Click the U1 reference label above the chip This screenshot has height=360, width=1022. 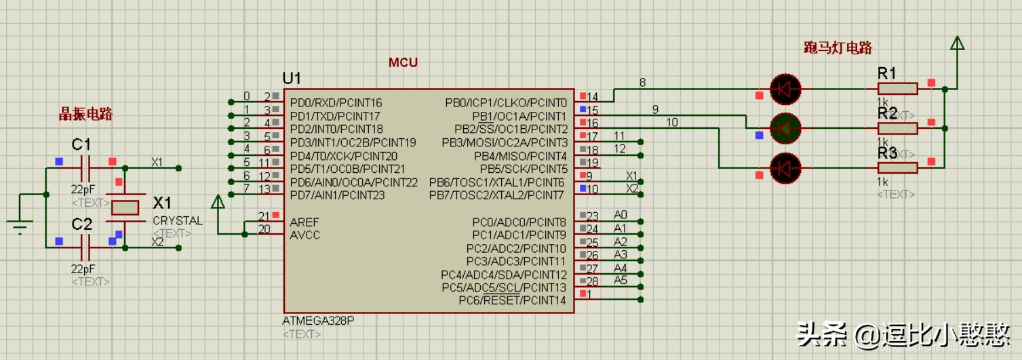click(x=292, y=78)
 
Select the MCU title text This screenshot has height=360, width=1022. click(x=403, y=63)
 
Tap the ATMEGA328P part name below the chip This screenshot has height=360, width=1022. click(x=318, y=321)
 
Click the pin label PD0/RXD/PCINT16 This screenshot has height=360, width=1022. click(x=336, y=103)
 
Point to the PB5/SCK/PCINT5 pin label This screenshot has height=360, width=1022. click(x=524, y=169)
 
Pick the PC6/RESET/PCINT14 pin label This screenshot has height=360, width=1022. click(x=512, y=300)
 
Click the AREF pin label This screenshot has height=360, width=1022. click(x=304, y=222)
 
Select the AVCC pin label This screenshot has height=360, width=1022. click(x=304, y=235)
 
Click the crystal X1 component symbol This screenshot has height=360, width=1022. click(x=125, y=207)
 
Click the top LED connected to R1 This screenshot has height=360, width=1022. click(x=785, y=89)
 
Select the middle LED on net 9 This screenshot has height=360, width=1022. click(x=785, y=127)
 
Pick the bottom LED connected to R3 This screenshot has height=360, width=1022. click(x=785, y=167)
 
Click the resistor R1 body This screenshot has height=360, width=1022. click(x=897, y=89)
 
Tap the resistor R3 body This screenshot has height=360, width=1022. click(x=897, y=167)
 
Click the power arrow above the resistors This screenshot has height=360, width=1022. click(x=957, y=45)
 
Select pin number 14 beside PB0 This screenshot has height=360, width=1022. click(x=592, y=97)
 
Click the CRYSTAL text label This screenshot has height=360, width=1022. click(x=178, y=220)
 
